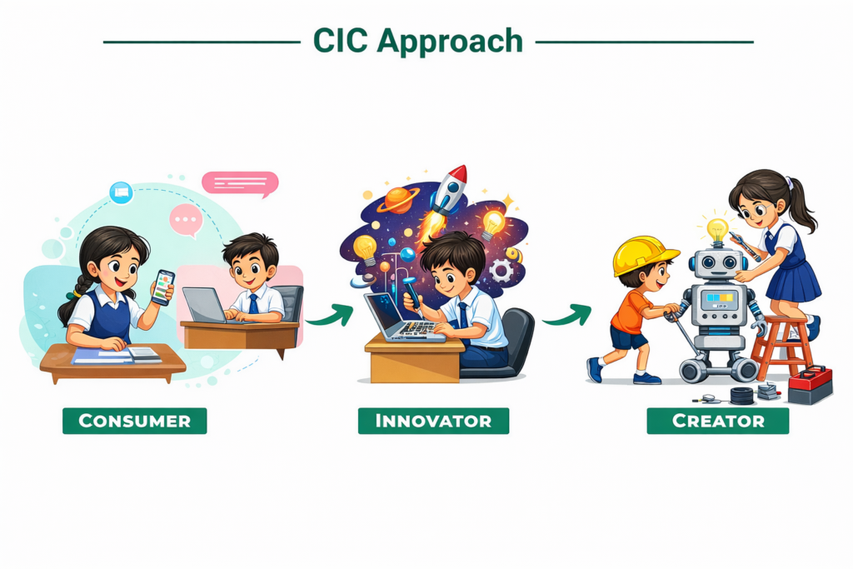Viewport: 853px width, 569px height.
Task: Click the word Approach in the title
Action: [x=449, y=42]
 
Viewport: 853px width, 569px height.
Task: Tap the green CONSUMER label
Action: [x=134, y=421]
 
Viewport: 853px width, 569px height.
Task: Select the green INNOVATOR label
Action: [x=433, y=421]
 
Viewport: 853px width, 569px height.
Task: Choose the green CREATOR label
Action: [x=717, y=421]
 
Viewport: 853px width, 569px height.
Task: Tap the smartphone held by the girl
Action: [x=162, y=287]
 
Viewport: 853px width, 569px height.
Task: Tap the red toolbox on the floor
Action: [x=810, y=385]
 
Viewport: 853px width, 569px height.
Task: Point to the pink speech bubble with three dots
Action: [x=186, y=221]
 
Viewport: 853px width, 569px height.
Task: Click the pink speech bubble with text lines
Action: [x=240, y=184]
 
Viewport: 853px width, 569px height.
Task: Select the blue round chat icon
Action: [x=122, y=192]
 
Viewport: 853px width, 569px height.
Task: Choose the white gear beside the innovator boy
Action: [x=501, y=271]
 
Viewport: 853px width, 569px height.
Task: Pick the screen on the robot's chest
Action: [x=719, y=300]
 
